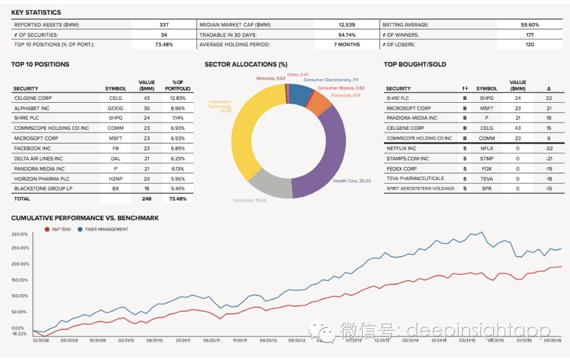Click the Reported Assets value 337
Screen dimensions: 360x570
pos(164,25)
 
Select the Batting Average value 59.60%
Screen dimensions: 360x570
pos(530,25)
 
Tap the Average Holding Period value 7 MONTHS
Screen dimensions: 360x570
pos(346,44)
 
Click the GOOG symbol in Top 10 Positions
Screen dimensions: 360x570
pos(115,108)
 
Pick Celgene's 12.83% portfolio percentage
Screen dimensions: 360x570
pos(178,98)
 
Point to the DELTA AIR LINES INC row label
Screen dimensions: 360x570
pos(38,158)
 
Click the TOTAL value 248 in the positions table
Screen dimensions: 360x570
pos(146,199)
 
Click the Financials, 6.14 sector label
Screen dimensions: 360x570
pos(345,95)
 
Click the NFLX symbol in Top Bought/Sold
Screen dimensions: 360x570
pos(486,148)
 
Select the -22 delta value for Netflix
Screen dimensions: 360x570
pos(549,148)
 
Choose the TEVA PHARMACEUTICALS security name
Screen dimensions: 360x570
pos(415,179)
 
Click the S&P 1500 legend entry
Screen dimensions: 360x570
pos(58,229)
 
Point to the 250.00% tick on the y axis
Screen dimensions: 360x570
pos(20,248)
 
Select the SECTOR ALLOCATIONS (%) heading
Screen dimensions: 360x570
pos(246,64)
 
